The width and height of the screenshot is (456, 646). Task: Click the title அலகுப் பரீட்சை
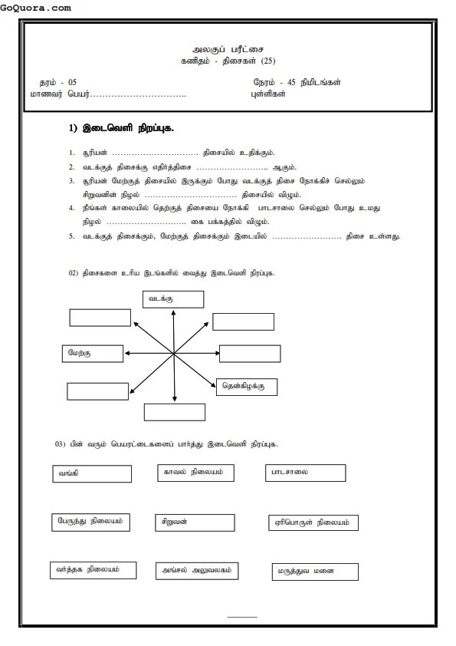(x=226, y=48)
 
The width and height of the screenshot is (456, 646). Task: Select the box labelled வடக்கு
(x=173, y=299)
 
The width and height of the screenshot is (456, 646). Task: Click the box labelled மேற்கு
(x=92, y=353)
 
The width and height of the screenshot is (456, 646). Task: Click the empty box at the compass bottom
(x=175, y=411)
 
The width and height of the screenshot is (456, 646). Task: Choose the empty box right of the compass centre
(x=250, y=354)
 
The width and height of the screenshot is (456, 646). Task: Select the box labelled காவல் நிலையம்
(x=195, y=473)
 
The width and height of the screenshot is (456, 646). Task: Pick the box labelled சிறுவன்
(x=195, y=522)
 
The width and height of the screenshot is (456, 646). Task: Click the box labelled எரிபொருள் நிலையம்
(x=313, y=523)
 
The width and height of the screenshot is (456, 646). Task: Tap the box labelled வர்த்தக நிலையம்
(x=92, y=570)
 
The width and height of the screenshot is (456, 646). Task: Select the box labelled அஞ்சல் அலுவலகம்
(x=196, y=571)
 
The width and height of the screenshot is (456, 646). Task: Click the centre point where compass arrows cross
(x=174, y=353)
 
